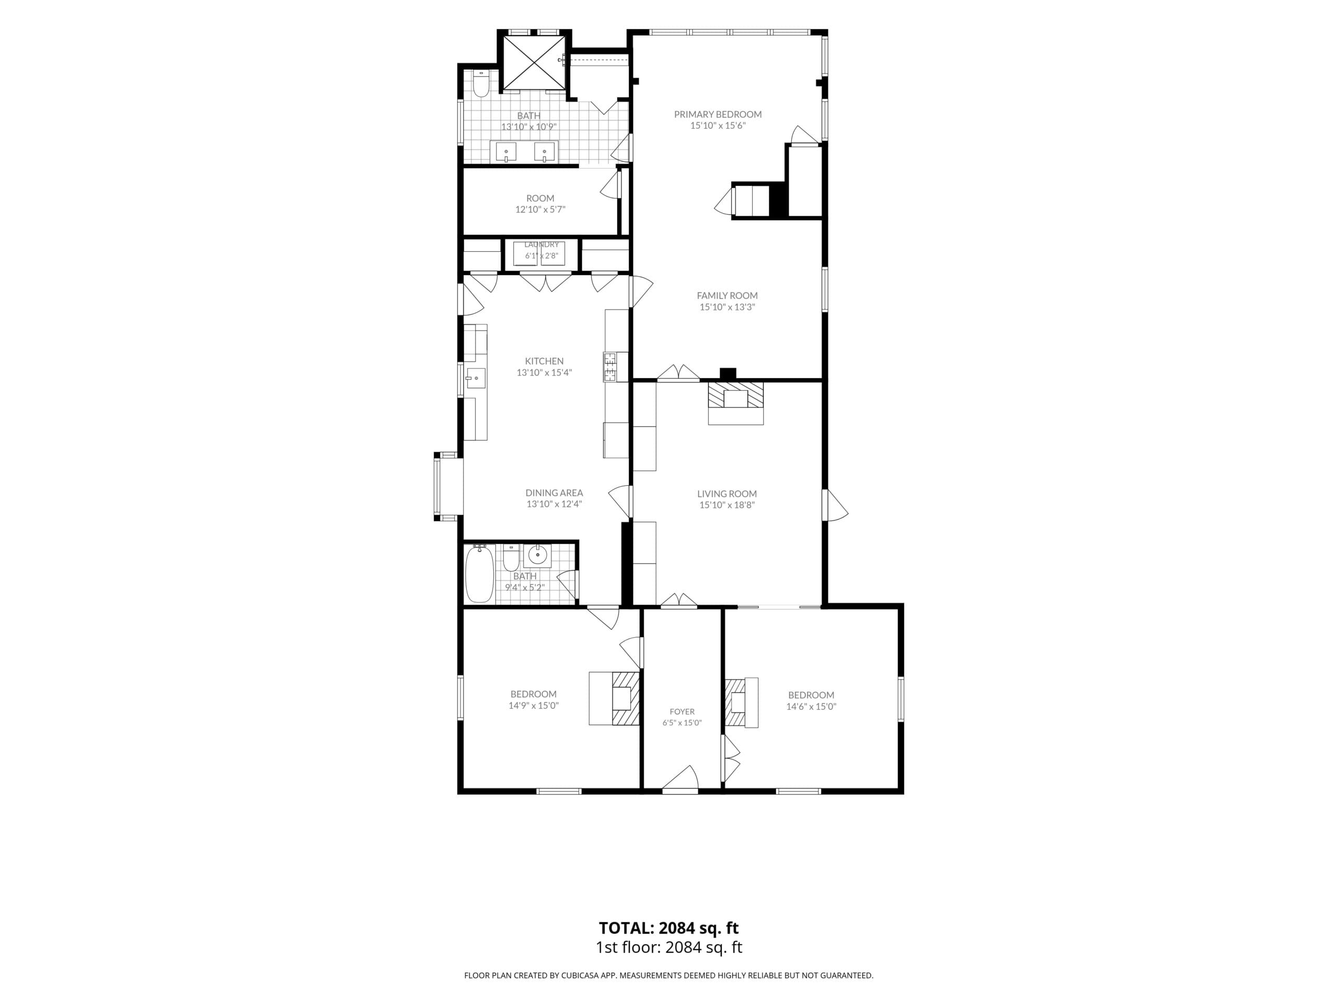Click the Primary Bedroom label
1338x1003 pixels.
coord(718,114)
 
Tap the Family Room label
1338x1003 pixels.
coord(727,296)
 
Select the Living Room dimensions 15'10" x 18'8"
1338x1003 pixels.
coord(727,505)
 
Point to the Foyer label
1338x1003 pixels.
coord(682,712)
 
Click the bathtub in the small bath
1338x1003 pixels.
coord(480,573)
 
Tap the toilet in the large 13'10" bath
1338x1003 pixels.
coord(481,85)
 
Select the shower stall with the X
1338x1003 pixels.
coord(532,62)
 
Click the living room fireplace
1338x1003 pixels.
coord(735,403)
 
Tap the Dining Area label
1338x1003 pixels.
coord(554,493)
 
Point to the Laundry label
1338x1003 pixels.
coord(542,244)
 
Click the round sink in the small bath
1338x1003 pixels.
coord(537,554)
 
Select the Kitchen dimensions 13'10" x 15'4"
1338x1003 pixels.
coord(545,372)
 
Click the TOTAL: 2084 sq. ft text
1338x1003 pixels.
coord(668,928)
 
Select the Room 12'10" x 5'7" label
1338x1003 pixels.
coord(540,204)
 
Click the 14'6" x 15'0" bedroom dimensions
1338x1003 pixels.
coord(811,706)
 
